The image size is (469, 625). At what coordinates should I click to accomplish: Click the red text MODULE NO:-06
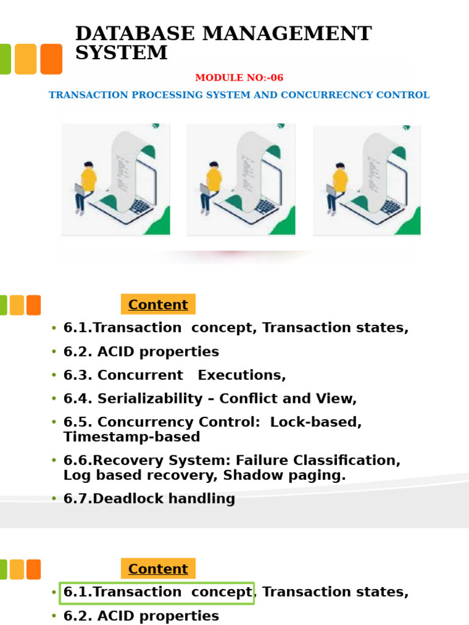(239, 78)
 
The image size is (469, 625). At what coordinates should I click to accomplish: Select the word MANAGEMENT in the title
(286, 34)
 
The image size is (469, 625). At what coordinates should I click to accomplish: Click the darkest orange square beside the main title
(51, 59)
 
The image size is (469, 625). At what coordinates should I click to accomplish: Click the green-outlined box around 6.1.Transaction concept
(157, 593)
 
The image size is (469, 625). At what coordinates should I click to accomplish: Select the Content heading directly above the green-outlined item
(158, 569)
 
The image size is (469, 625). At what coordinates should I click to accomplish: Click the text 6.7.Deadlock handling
(149, 499)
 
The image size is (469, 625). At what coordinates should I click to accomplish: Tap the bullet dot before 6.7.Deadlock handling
(54, 499)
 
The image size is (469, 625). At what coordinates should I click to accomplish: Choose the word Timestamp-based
(131, 437)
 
